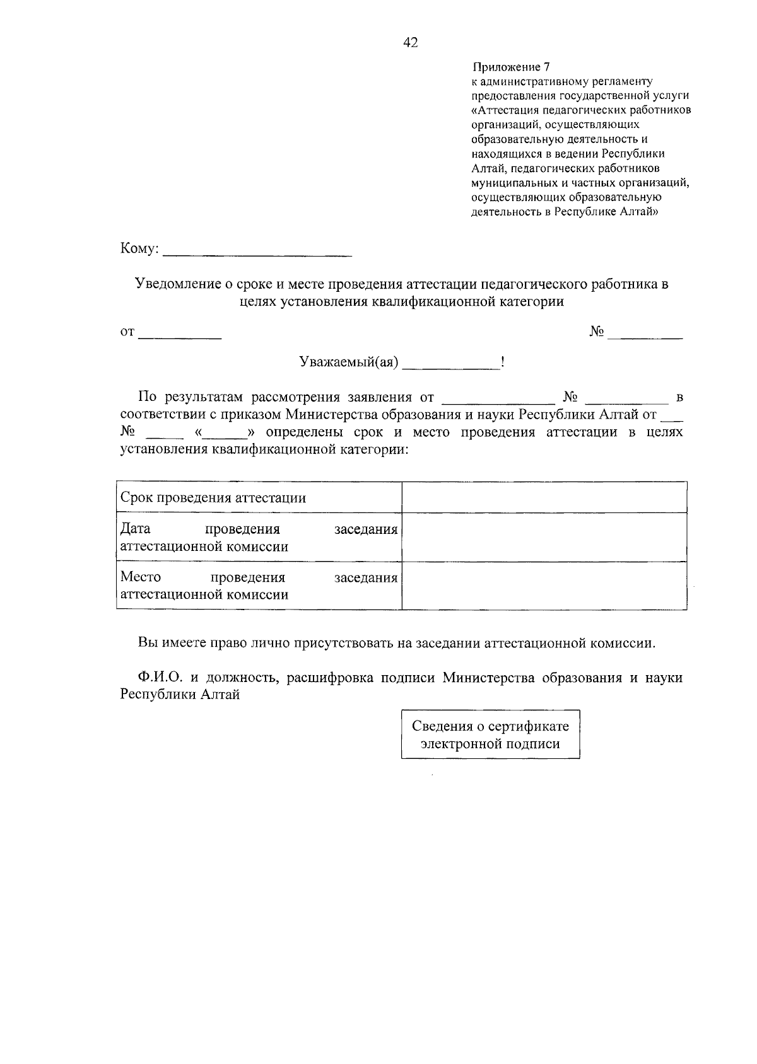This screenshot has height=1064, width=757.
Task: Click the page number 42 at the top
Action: click(x=410, y=43)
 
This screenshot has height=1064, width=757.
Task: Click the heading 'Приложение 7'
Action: click(x=511, y=67)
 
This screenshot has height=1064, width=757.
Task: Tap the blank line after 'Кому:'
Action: click(x=257, y=253)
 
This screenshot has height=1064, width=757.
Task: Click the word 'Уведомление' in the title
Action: click(x=179, y=284)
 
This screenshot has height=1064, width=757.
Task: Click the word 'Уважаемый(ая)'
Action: click(x=348, y=363)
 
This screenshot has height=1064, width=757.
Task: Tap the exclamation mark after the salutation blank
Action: click(x=502, y=362)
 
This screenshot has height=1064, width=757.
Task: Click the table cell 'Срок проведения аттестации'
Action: click(x=213, y=498)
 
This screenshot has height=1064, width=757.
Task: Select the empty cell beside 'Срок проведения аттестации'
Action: click(x=544, y=497)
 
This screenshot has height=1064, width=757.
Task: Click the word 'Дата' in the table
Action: click(x=135, y=529)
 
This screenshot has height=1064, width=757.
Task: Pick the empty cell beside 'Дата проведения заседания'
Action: click(x=544, y=537)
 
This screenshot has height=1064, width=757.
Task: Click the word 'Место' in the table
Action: click(x=141, y=577)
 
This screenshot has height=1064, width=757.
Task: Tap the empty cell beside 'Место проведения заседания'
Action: click(x=544, y=586)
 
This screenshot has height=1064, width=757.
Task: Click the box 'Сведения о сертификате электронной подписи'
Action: click(x=490, y=734)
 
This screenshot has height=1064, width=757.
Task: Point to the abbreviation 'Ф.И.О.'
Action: click(x=161, y=678)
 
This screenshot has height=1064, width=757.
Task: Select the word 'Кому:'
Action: click(x=139, y=250)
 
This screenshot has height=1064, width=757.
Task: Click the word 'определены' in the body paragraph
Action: click(x=305, y=433)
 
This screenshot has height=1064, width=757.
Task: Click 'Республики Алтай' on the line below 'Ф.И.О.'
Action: click(x=180, y=695)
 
